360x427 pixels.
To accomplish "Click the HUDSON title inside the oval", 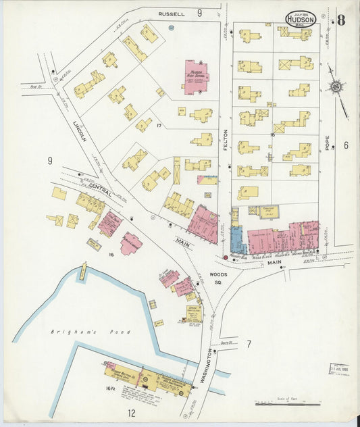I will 301,20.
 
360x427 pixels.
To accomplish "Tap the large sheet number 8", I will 341,19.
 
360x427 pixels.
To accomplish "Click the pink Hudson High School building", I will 195,78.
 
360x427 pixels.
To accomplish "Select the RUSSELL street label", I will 172,14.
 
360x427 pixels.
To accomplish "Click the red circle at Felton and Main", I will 225,257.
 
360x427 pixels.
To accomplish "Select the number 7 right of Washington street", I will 248,345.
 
